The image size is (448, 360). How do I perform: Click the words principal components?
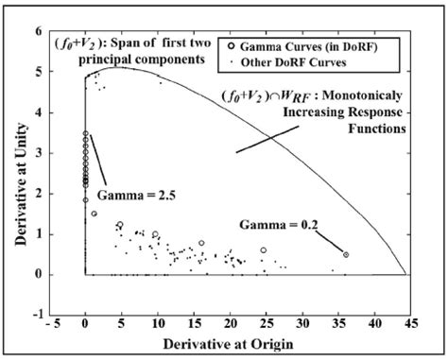(x=154, y=61)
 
